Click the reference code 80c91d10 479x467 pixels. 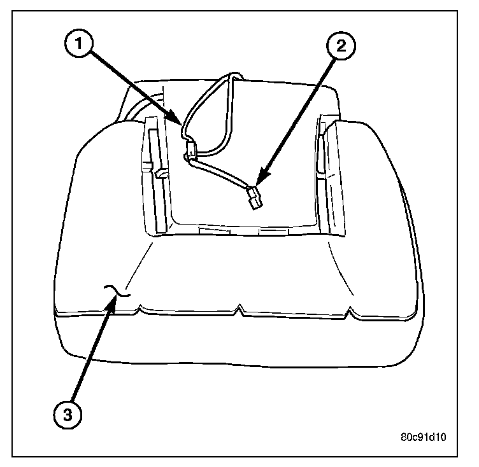point(425,438)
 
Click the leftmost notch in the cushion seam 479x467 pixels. point(139,309)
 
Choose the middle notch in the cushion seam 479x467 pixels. point(239,309)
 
